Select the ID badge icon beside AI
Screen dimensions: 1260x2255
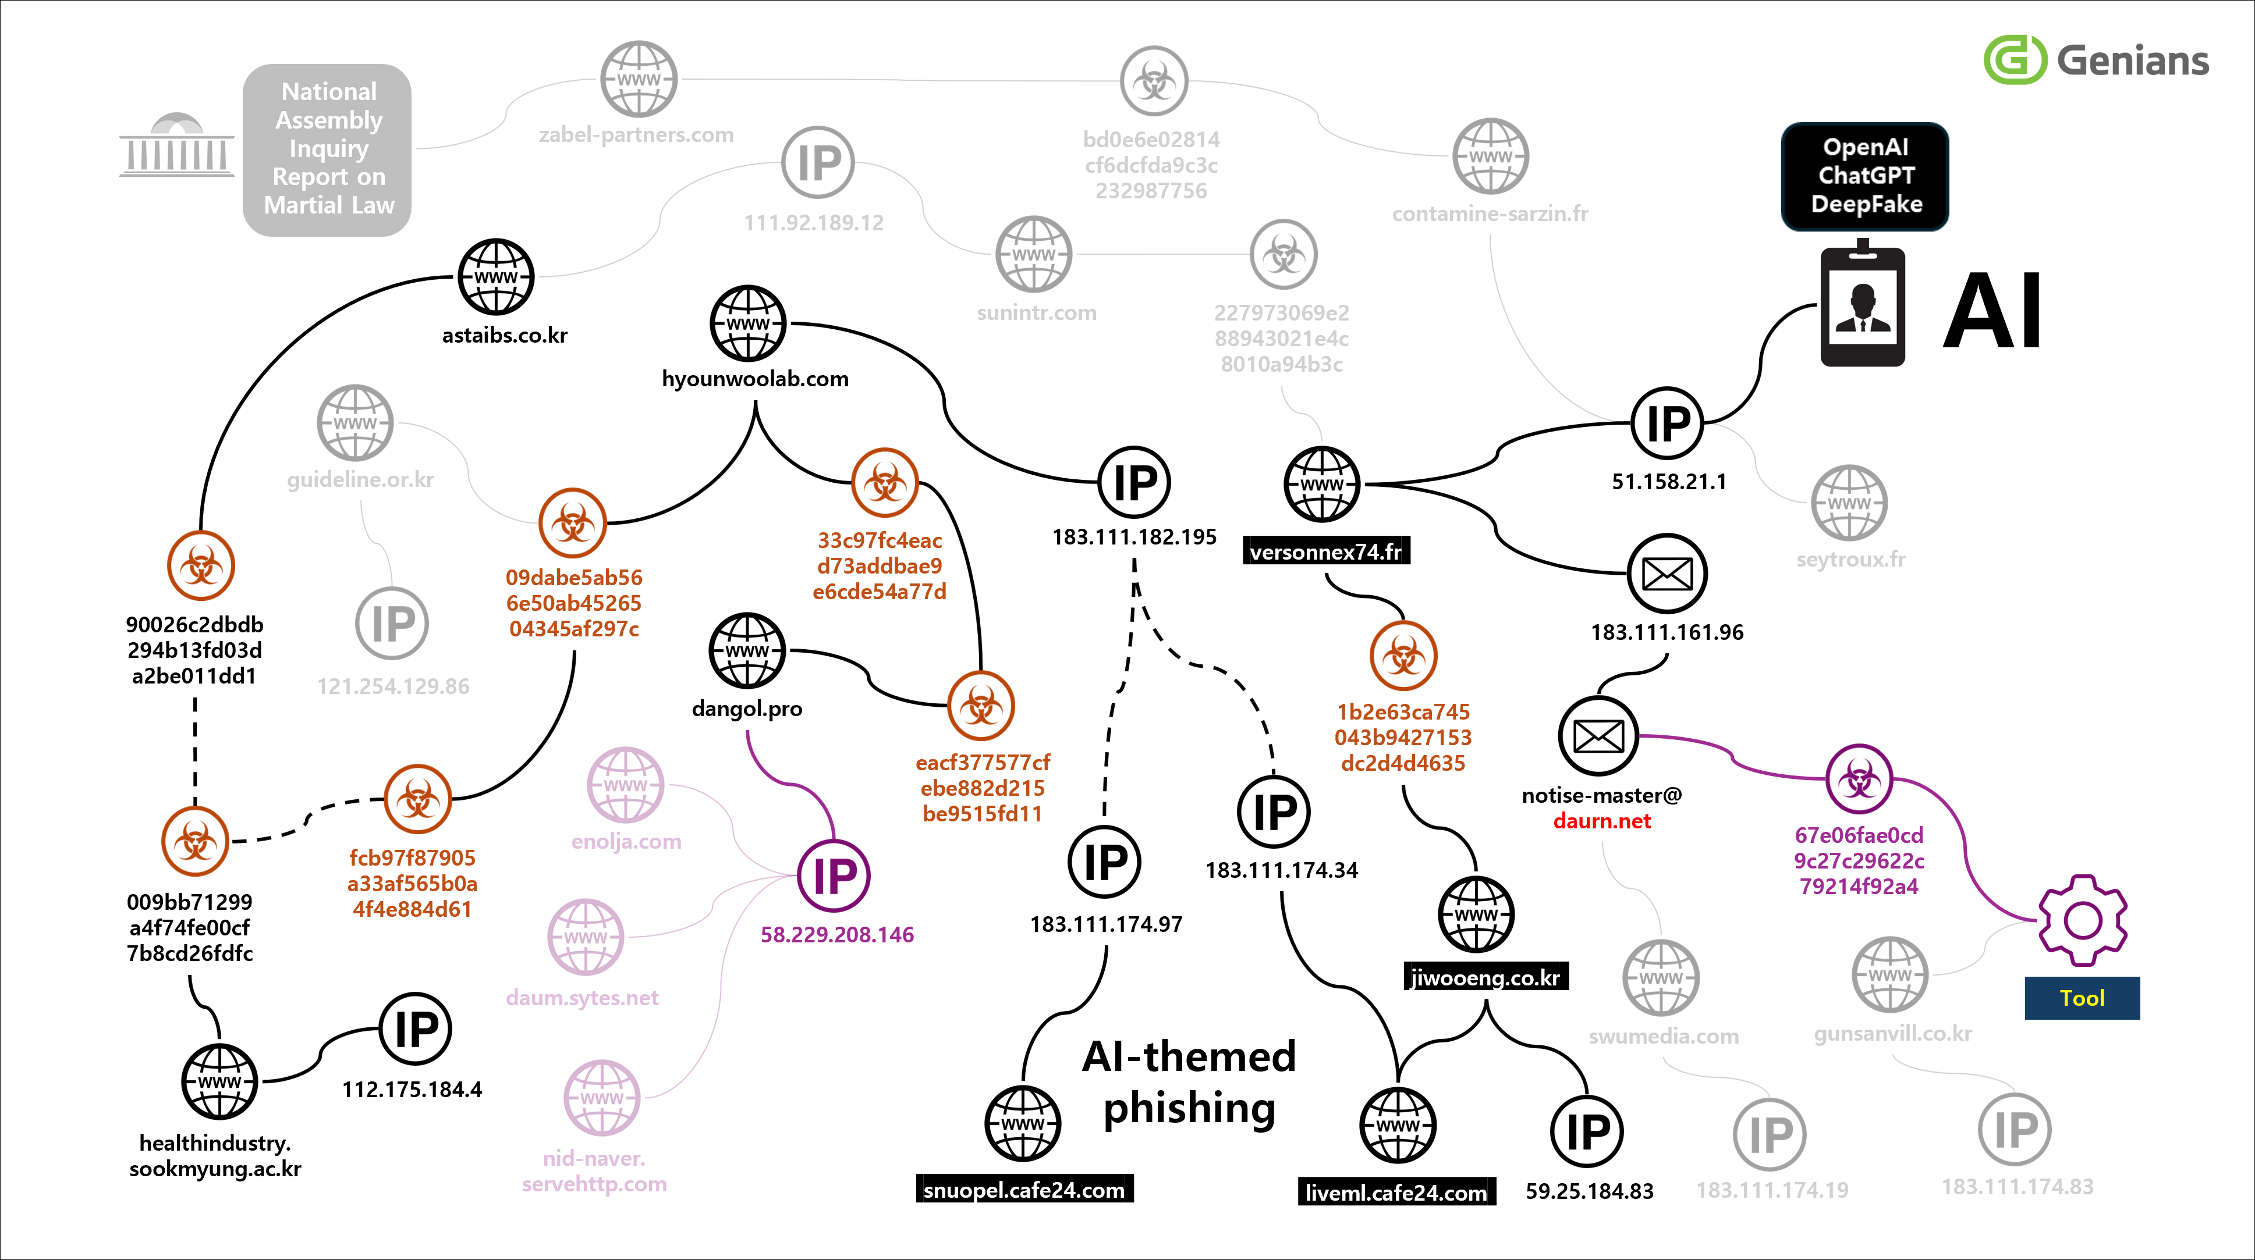[1862, 305]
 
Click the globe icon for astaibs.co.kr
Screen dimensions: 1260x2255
[497, 276]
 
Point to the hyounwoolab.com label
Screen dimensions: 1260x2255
[754, 379]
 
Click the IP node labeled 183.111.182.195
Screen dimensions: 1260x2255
[1134, 482]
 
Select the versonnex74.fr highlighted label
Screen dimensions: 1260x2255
[1325, 552]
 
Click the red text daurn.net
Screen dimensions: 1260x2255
[1601, 821]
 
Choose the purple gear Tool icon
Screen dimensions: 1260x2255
[2083, 920]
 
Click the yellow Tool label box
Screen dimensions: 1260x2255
[2082, 998]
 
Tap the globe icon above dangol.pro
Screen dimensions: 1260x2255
[747, 650]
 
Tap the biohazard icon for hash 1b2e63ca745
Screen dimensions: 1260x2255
[1403, 656]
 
